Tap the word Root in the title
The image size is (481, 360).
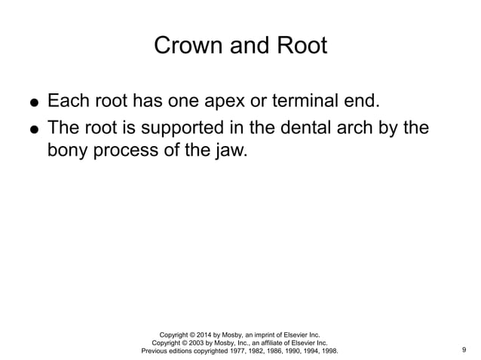[302, 46]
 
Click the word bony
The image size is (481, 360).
[68, 151]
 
